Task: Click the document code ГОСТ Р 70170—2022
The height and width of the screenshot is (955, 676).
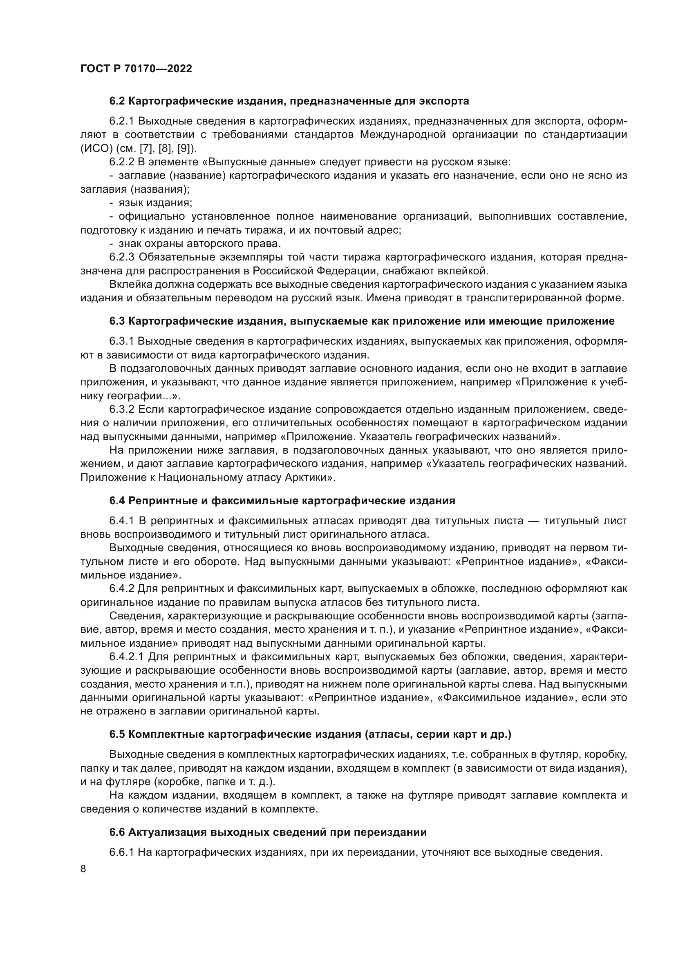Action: [136, 69]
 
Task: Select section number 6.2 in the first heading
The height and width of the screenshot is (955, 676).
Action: [117, 101]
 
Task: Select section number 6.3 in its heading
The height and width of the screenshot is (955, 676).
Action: [117, 321]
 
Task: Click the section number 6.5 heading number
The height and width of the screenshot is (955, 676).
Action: [117, 734]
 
